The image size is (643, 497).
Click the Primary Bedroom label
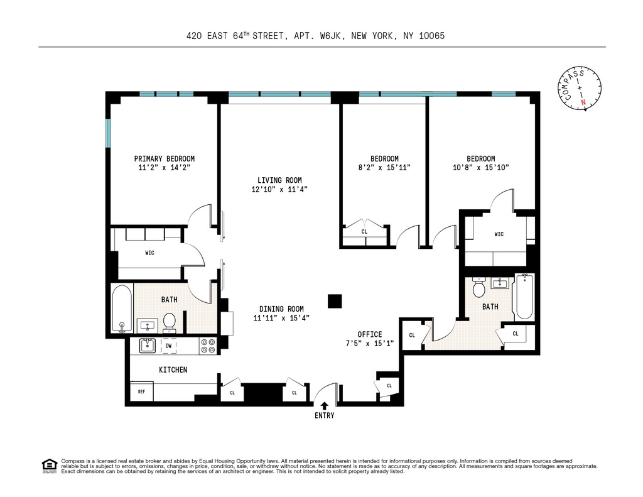click(x=164, y=158)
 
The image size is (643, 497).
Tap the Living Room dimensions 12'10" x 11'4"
click(x=279, y=189)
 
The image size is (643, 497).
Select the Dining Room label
click(x=281, y=309)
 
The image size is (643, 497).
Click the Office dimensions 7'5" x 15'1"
click(x=370, y=344)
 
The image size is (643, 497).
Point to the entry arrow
click(x=325, y=405)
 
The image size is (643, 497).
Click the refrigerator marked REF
click(x=141, y=391)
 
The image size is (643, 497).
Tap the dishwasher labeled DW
click(x=168, y=346)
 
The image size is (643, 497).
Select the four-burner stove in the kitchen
click(x=208, y=346)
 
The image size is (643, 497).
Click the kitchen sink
click(x=147, y=346)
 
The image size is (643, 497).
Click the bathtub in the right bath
click(x=524, y=297)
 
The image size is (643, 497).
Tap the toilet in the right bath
click(x=478, y=287)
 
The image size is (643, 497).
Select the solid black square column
click(x=335, y=301)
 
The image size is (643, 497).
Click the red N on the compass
click(x=583, y=102)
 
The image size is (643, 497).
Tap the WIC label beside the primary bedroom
click(x=149, y=253)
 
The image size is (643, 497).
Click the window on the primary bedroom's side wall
click(x=108, y=133)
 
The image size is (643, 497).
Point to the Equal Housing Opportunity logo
click(x=50, y=466)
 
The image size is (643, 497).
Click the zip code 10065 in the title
click(x=432, y=36)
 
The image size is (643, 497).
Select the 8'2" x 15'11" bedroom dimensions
click(x=384, y=167)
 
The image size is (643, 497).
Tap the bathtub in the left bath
click(x=122, y=309)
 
